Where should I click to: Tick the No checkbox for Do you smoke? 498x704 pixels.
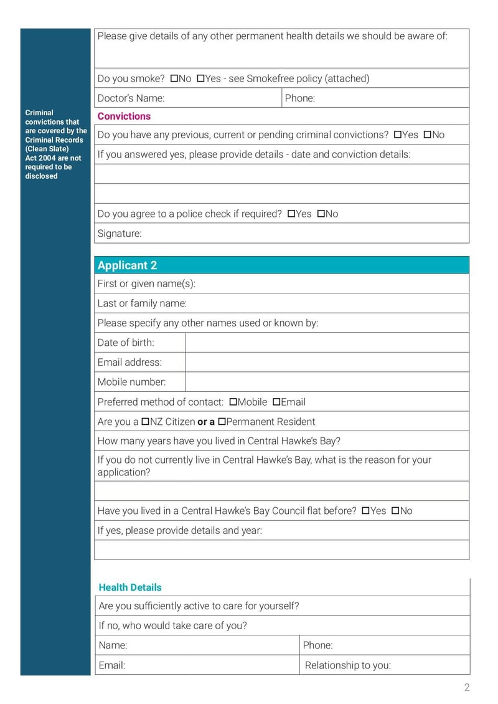coord(174,78)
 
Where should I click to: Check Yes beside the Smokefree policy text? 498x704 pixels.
coord(200,78)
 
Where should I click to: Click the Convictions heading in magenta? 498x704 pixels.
coord(124,117)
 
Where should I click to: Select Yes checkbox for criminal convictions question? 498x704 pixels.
coord(398,135)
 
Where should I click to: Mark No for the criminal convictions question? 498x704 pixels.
coord(428,135)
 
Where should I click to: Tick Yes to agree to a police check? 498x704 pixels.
coord(291,214)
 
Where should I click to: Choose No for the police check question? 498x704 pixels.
coord(321,214)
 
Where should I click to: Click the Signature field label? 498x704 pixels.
coord(120,234)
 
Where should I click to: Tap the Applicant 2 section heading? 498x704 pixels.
coord(127,265)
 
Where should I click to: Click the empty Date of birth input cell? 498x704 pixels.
coord(327,343)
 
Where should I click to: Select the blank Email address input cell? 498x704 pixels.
coord(327,363)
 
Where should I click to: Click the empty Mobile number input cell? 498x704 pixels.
coord(327,382)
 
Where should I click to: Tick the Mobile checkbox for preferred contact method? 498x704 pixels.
coord(233,402)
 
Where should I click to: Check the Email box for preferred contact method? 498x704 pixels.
coord(276,402)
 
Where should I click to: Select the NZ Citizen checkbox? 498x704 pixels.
coord(146,422)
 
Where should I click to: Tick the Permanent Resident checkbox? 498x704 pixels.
coord(222,422)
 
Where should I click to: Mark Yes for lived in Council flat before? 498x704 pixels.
coord(365,511)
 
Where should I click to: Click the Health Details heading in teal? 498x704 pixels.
coord(130,587)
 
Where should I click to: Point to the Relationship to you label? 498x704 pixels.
coord(347,665)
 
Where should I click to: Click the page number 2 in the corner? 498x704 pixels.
coord(467,688)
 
